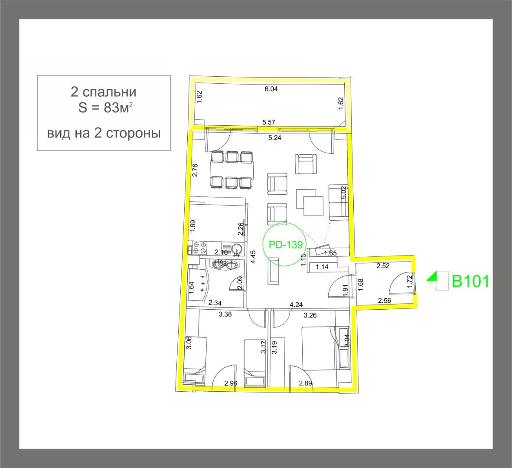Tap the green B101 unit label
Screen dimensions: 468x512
(x=470, y=281)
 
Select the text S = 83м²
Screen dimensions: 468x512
(x=103, y=108)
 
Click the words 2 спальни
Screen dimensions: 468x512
(x=103, y=92)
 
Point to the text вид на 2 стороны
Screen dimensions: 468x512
(x=104, y=133)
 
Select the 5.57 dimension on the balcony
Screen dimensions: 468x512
(x=269, y=122)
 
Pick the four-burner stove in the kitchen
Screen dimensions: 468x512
(x=199, y=248)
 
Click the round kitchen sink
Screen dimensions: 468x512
(x=237, y=249)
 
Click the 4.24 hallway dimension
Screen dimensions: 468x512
(x=296, y=304)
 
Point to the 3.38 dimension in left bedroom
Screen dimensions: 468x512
(x=225, y=315)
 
